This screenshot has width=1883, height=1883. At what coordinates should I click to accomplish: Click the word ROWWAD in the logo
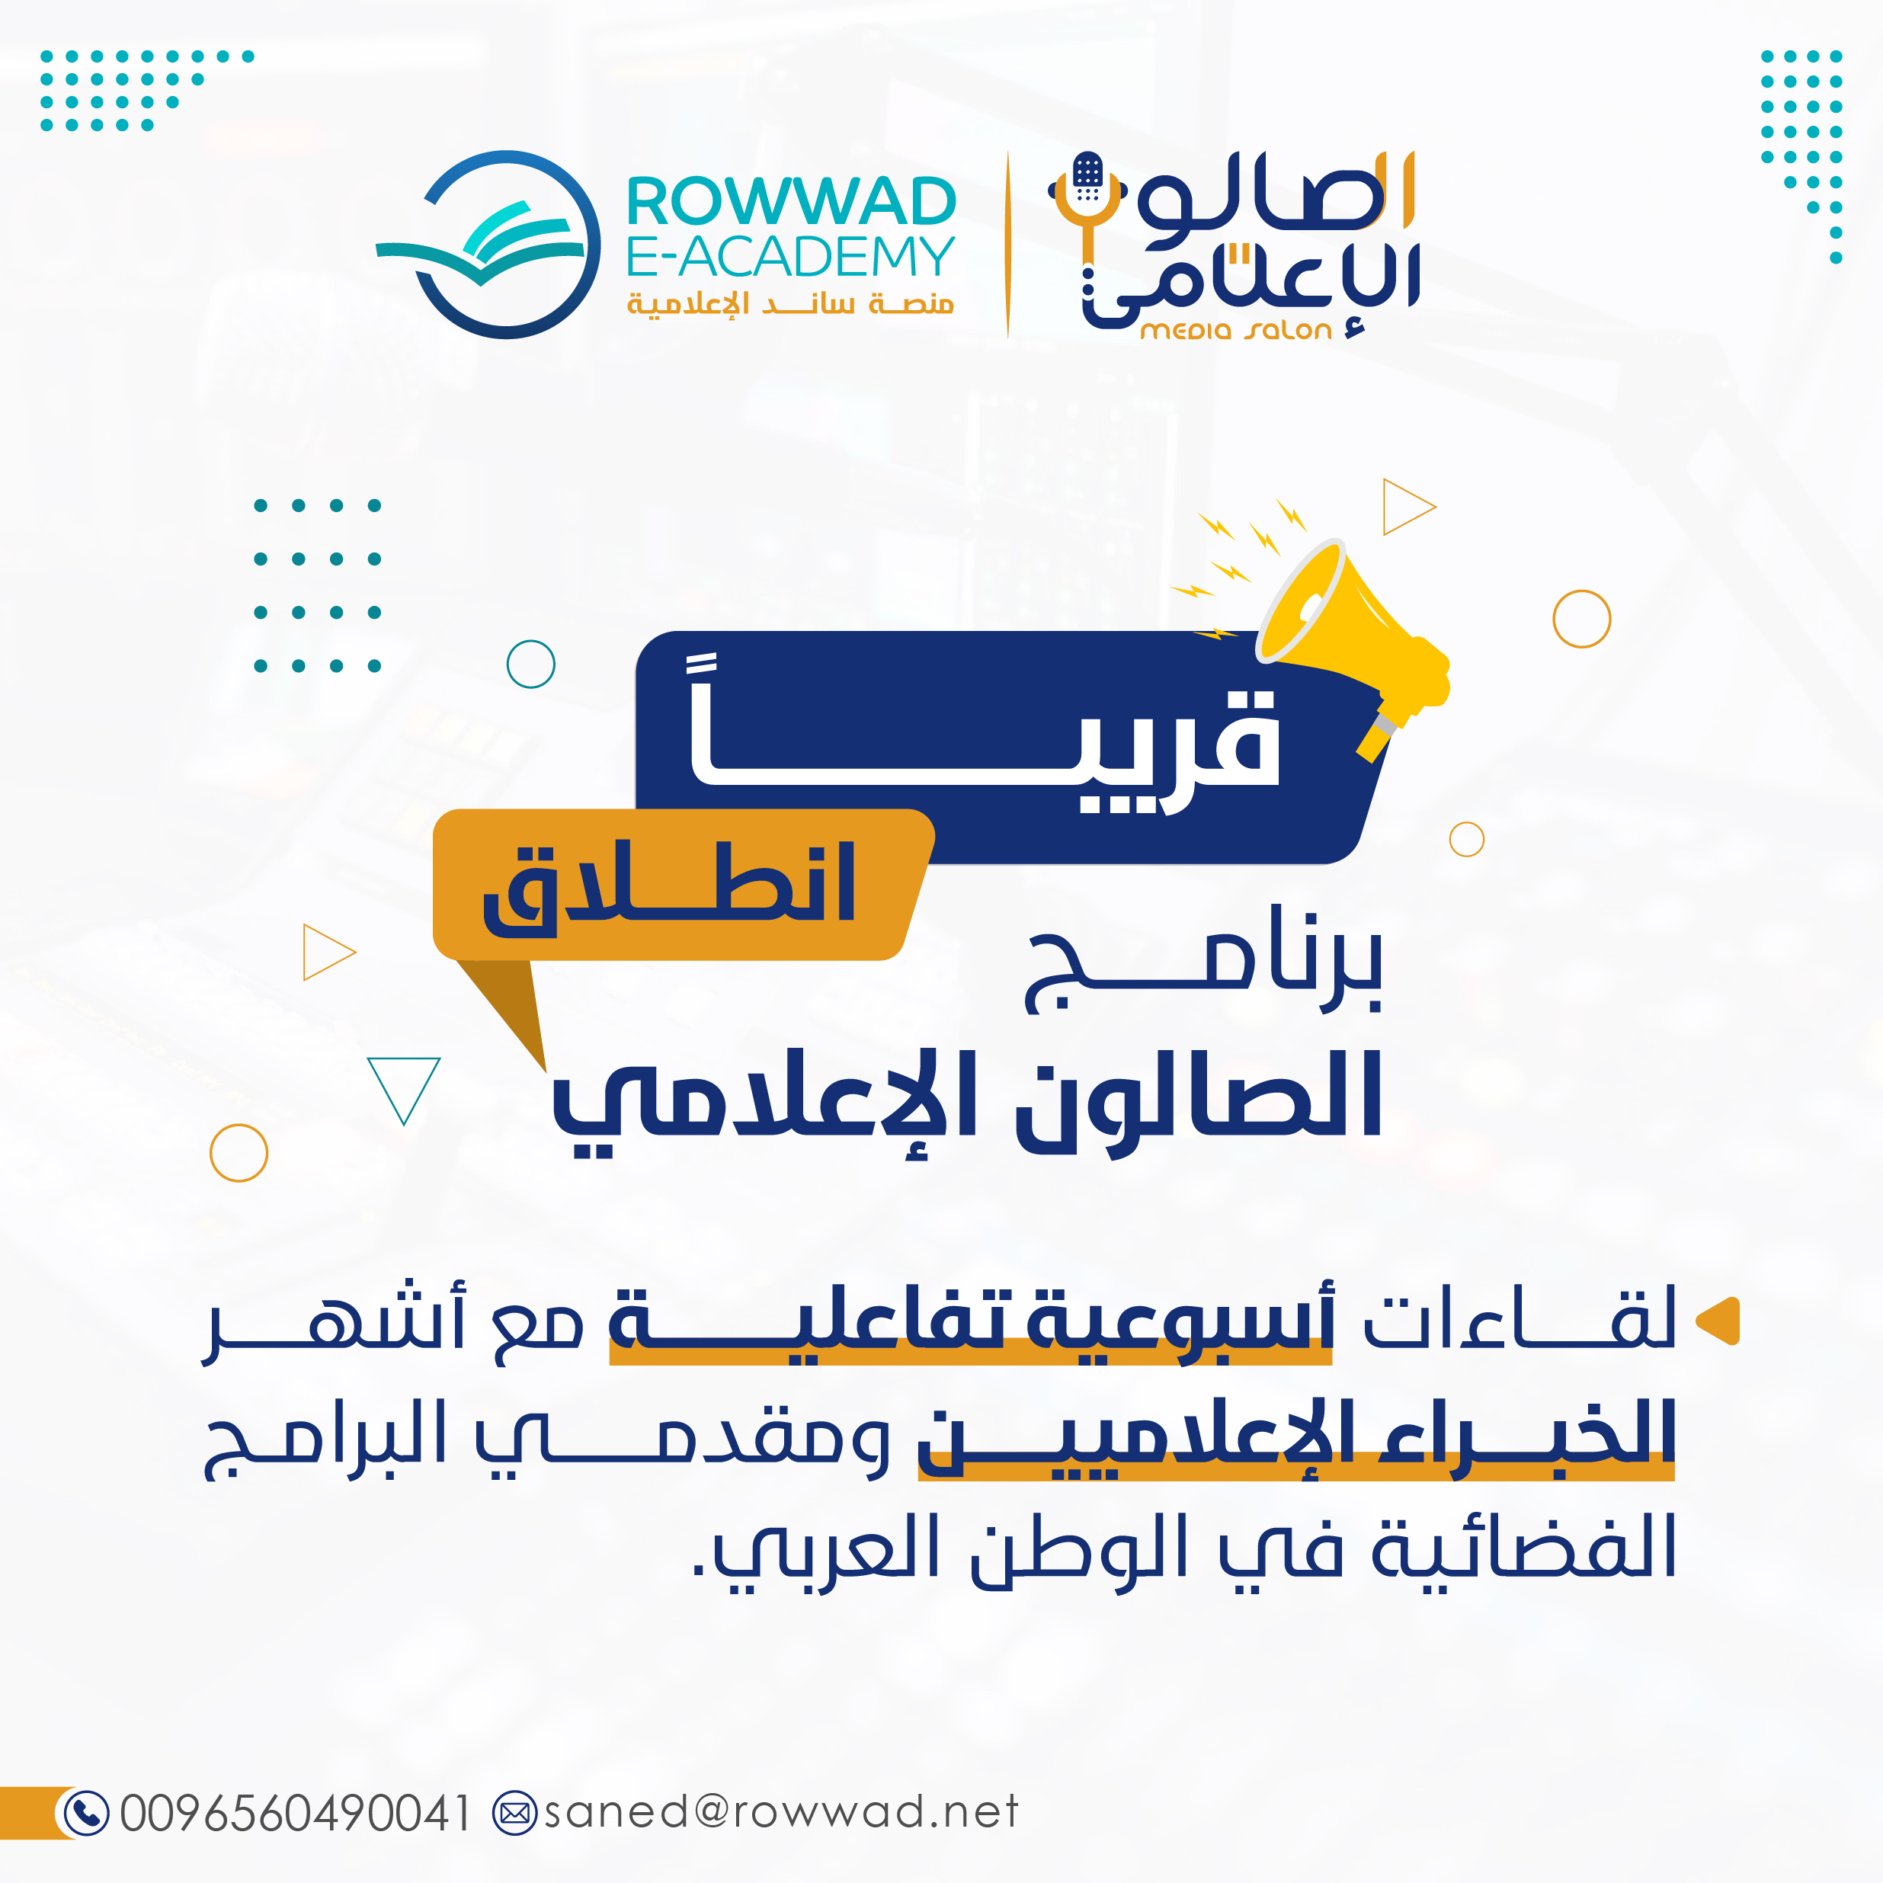click(x=790, y=202)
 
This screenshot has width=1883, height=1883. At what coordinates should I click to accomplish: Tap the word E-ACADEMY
click(x=790, y=256)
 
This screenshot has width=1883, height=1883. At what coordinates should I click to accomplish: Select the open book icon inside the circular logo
click(x=481, y=244)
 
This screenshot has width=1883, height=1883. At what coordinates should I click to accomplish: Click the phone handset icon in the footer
click(x=86, y=1813)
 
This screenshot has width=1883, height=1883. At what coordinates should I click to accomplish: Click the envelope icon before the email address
click(x=514, y=1813)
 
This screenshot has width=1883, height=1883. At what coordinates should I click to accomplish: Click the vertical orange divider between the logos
click(x=1007, y=245)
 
